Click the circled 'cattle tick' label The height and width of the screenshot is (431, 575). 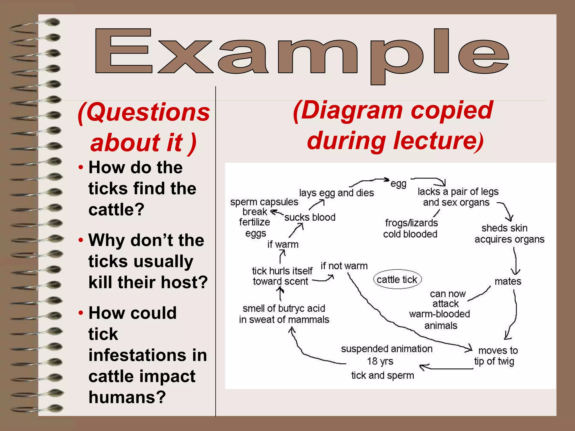point(397,279)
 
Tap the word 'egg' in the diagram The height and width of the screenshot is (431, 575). point(398,184)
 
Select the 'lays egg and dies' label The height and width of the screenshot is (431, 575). point(336,193)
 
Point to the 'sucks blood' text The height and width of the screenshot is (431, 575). point(310,217)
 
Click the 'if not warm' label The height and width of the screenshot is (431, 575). point(344,266)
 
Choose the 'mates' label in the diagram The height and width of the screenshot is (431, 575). point(508,281)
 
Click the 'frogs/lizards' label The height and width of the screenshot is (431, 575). point(411,223)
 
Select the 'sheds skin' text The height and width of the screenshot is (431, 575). point(504,228)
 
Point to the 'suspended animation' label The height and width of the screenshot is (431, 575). point(387,349)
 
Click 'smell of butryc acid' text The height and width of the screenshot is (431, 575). point(284,308)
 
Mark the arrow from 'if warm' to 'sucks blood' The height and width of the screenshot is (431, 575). point(297,230)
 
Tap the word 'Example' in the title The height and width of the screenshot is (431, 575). point(302,53)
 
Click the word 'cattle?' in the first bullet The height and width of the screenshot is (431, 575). point(116,209)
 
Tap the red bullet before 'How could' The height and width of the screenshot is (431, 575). point(81,313)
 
